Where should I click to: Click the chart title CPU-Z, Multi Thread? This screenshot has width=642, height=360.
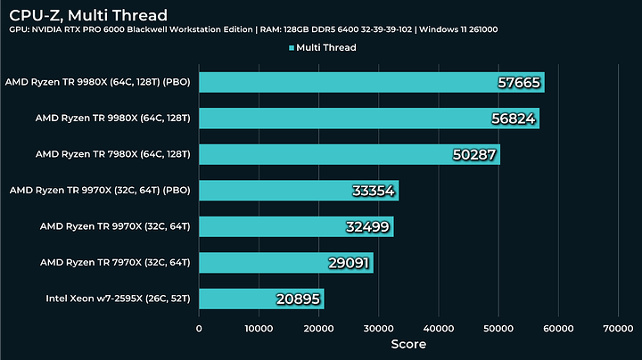(x=87, y=14)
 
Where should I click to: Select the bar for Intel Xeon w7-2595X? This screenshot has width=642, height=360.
(x=260, y=299)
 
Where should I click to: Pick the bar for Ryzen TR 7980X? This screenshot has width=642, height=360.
(x=349, y=154)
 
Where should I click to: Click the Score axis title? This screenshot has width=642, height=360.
(x=407, y=344)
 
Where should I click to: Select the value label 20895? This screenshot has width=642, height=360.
(x=297, y=299)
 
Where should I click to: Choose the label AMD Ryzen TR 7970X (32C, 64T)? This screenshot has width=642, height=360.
(x=115, y=262)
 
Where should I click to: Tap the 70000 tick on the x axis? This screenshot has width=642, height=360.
(x=617, y=328)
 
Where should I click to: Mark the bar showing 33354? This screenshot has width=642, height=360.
(x=298, y=191)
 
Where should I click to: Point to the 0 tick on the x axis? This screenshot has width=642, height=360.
(x=199, y=328)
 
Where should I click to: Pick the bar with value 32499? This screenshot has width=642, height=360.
(x=295, y=226)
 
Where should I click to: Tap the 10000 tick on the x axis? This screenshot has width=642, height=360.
(x=259, y=328)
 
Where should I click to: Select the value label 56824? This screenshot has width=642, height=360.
(x=514, y=119)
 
